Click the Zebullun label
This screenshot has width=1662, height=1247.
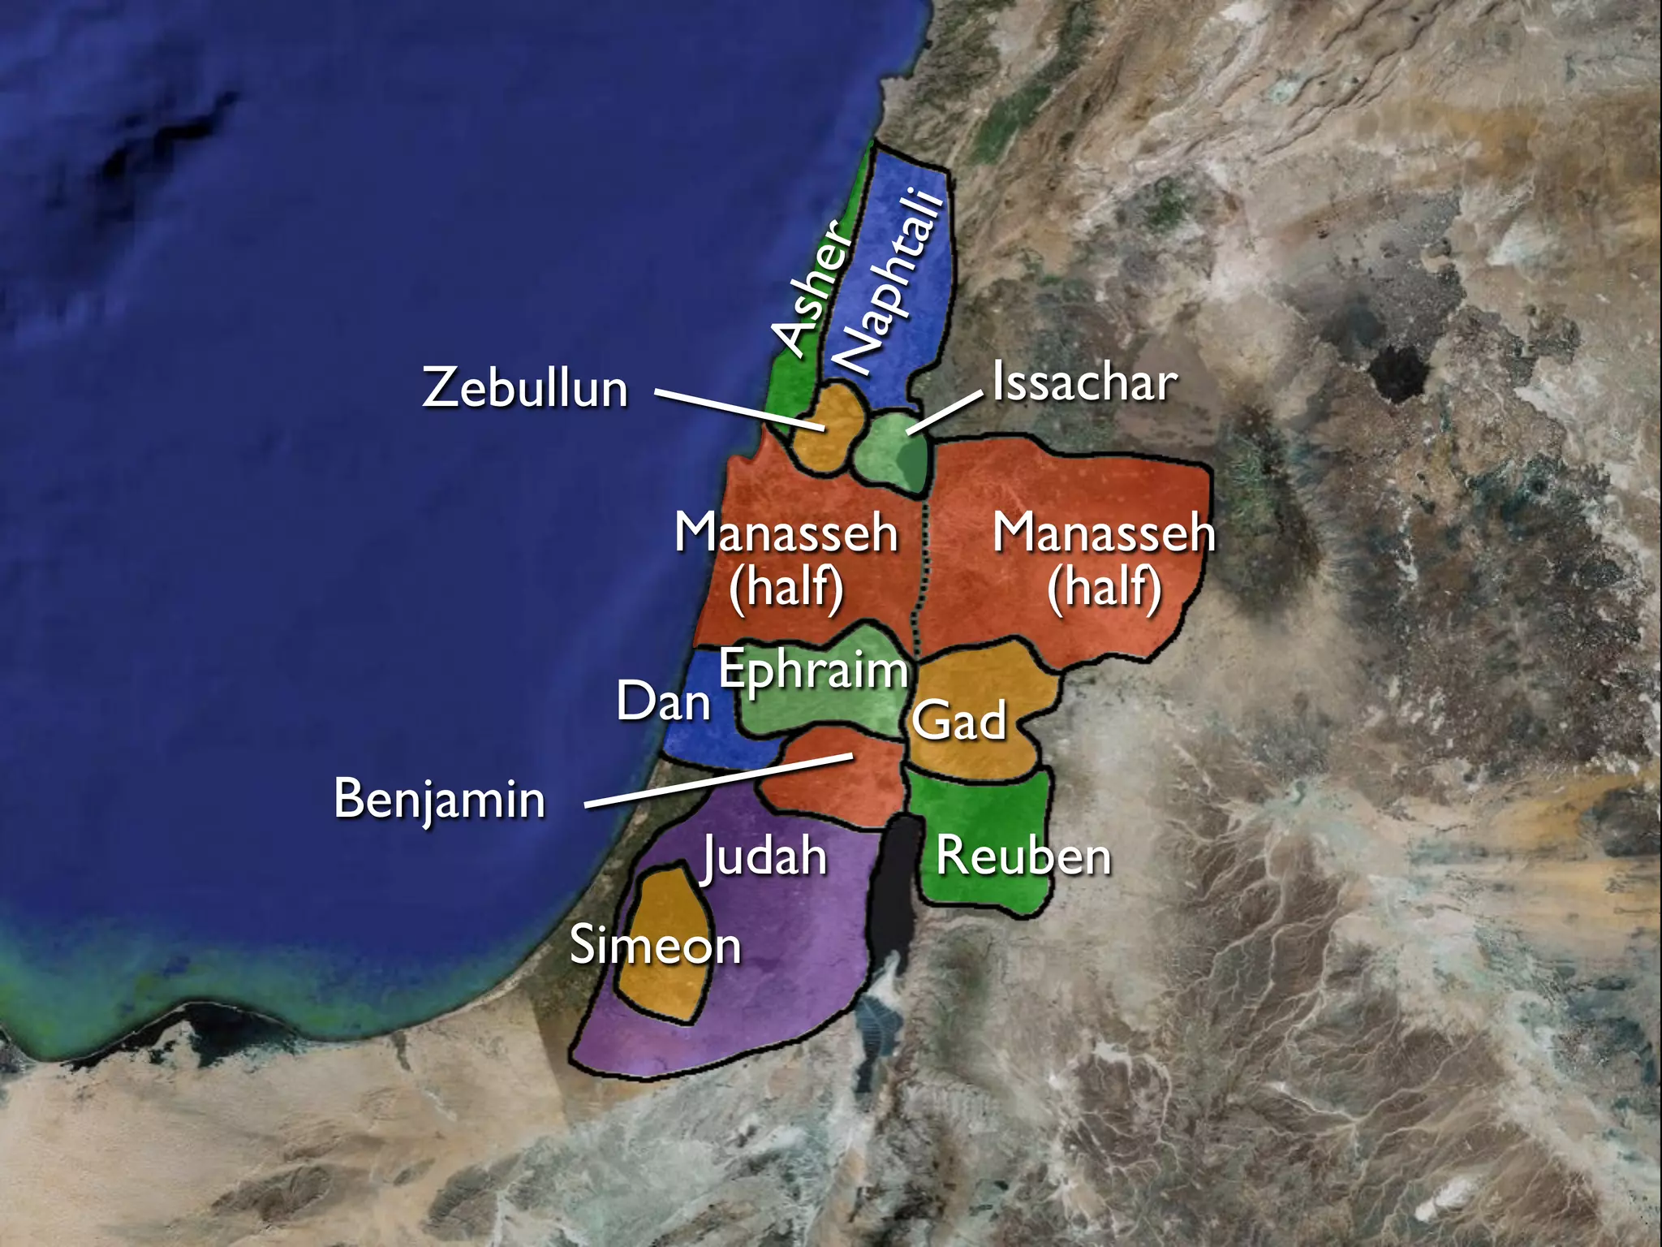525,388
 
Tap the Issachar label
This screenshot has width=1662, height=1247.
1084,383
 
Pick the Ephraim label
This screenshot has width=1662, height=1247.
813,671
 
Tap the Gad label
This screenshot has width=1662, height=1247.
959,720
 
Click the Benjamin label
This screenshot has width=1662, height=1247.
440,799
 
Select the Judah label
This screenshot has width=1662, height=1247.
764,856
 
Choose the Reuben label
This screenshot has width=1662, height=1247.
1023,857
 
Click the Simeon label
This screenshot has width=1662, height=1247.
656,946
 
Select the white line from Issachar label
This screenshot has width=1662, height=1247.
945,412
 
